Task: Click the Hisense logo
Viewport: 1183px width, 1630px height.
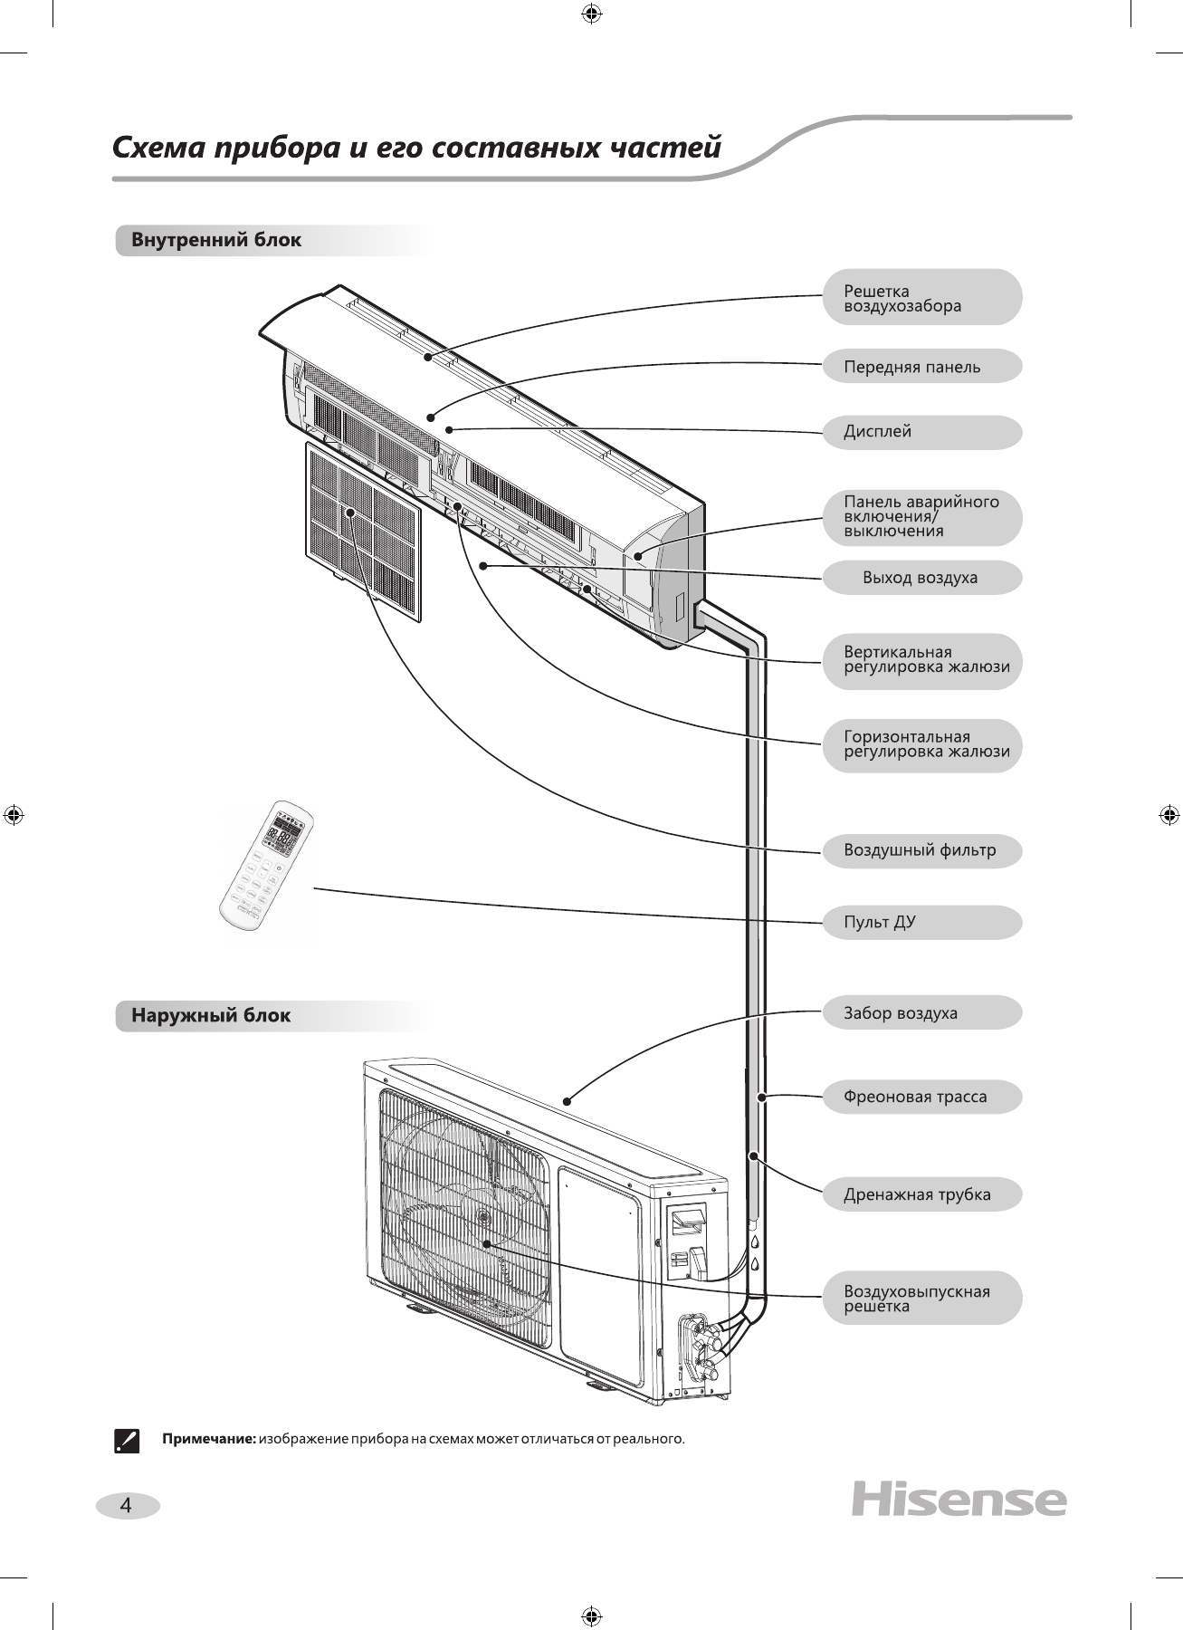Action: tap(959, 1500)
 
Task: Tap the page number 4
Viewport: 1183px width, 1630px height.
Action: tap(127, 1506)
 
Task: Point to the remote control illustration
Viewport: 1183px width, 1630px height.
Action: tap(265, 867)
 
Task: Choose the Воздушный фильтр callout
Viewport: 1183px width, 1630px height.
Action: tap(921, 850)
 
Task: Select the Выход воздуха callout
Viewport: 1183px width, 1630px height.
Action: tap(921, 578)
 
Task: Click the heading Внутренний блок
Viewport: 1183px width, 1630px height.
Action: tap(216, 241)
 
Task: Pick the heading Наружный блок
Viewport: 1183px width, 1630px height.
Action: tap(211, 1015)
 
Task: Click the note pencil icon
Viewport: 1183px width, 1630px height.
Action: tap(127, 1440)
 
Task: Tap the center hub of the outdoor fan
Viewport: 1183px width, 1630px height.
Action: tap(482, 1216)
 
